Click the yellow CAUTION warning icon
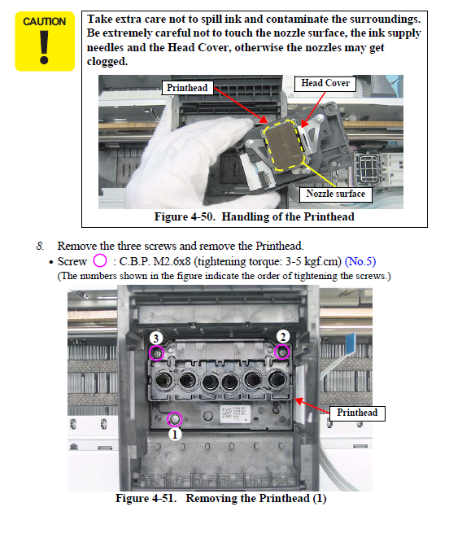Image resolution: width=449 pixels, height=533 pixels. (45, 42)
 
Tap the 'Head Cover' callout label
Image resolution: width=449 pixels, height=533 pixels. (325, 83)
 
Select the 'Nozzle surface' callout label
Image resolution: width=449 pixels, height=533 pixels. (335, 194)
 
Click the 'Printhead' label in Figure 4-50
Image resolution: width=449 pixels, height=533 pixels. (187, 88)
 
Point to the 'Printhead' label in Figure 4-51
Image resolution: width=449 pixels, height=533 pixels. (357, 413)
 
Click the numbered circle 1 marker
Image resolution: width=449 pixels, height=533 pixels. (175, 435)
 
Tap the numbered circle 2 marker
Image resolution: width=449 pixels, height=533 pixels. (283, 337)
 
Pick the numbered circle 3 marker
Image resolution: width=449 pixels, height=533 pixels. (156, 339)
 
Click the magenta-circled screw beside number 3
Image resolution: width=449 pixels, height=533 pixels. (157, 353)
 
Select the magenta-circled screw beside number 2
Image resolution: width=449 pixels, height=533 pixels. (282, 352)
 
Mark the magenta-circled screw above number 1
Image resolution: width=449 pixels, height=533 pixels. (175, 419)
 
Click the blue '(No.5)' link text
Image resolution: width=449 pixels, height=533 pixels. (360, 261)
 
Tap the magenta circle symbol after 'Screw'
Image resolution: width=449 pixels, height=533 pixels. (100, 261)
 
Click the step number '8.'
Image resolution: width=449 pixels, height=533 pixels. (41, 246)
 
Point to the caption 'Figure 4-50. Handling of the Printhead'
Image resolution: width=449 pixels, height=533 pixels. (255, 217)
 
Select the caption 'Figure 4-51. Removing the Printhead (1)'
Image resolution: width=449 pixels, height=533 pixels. (221, 498)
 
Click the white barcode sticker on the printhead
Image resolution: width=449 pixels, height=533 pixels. (235, 413)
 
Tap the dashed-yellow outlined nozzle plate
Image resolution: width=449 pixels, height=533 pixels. (284, 146)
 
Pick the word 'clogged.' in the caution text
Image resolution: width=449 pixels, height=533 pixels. (107, 62)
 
